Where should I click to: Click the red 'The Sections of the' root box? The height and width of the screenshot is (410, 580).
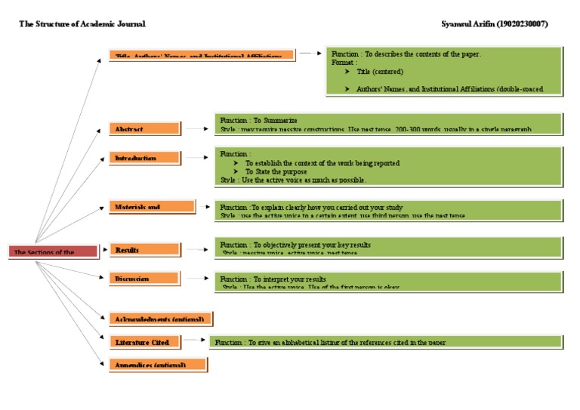pos(53,251)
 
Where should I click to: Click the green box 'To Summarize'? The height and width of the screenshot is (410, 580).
pos(388,123)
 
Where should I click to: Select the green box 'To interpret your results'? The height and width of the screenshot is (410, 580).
pos(388,282)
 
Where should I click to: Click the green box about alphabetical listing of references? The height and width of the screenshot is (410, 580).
pos(385,343)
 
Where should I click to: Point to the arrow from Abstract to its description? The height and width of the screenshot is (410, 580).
pos(196,129)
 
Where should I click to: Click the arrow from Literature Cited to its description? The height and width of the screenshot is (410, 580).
pos(194,340)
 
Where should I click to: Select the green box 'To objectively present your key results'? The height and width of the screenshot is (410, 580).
pos(388,247)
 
